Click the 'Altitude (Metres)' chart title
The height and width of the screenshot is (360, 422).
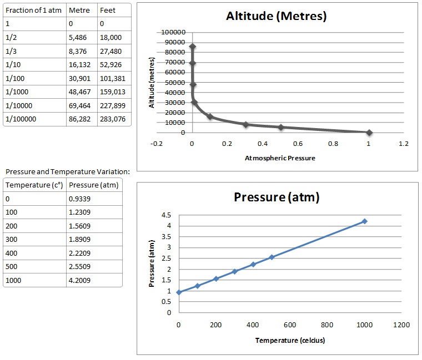[x=277, y=16]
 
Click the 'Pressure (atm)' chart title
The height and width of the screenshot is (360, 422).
[x=277, y=197]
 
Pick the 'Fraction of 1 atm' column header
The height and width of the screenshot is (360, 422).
[x=33, y=11]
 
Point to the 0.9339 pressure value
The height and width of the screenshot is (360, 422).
[x=82, y=198]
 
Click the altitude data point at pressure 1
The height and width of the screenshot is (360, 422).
[x=369, y=133]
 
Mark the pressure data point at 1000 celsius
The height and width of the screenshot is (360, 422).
[x=364, y=221]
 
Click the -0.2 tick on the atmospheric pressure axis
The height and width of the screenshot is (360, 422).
[x=157, y=144]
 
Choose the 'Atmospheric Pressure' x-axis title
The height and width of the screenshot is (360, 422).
[x=280, y=158]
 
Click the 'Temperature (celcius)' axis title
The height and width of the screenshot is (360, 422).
[x=290, y=340]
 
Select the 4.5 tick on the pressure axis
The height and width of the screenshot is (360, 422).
[x=167, y=215]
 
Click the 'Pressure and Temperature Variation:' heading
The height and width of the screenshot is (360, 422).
[x=67, y=171]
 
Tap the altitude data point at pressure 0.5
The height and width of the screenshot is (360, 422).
[x=280, y=127]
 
